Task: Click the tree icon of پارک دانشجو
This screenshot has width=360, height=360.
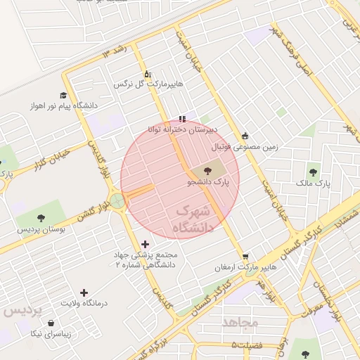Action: click(x=207, y=171)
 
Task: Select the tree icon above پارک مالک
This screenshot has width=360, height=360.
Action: click(x=313, y=171)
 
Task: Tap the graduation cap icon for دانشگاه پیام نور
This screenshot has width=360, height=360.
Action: click(x=63, y=95)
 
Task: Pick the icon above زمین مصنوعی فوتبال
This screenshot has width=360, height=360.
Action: click(x=245, y=136)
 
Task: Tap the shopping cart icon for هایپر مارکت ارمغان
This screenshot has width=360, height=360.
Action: click(x=245, y=256)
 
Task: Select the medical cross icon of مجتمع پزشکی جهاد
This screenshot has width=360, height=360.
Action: click(x=146, y=244)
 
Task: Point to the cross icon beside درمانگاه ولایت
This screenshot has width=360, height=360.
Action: click(x=84, y=292)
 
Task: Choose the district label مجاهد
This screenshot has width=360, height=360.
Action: click(x=240, y=322)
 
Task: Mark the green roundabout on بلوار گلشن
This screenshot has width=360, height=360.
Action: click(x=117, y=202)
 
